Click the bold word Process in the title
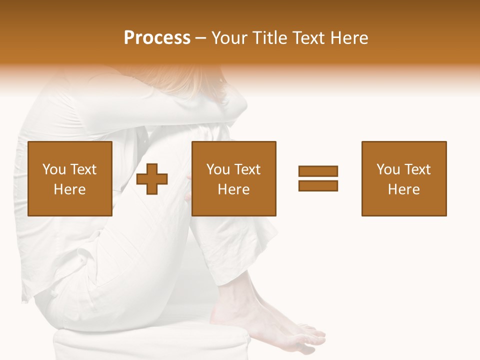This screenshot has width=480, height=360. pyautogui.click(x=157, y=38)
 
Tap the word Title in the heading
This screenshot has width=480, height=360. pyautogui.click(x=269, y=38)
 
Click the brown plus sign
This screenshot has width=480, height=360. pyautogui.click(x=152, y=179)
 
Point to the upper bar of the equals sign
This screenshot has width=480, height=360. pyautogui.click(x=318, y=171)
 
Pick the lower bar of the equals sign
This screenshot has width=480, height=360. pyautogui.click(x=318, y=185)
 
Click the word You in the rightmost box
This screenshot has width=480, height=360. pyautogui.click(x=388, y=169)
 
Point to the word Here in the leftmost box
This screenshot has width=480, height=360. pyautogui.click(x=69, y=189)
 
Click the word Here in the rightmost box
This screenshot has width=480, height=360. pyautogui.click(x=403, y=189)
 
